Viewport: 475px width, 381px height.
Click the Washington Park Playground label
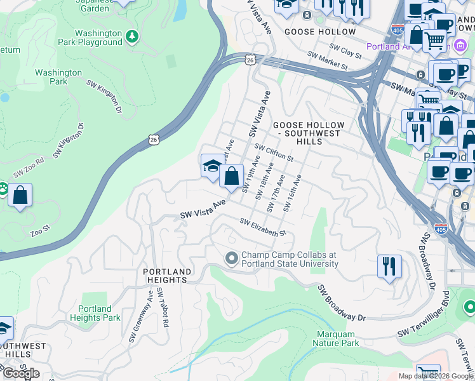[98, 37]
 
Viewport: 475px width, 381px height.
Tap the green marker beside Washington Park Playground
[132, 36]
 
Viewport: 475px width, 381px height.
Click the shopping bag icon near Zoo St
[20, 195]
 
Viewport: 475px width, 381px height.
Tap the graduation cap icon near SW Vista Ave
[211, 166]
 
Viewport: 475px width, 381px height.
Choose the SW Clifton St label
[274, 152]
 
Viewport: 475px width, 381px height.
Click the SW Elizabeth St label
[263, 227]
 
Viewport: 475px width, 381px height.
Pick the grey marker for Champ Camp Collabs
[231, 258]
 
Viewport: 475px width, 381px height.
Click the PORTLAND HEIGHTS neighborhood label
[166, 275]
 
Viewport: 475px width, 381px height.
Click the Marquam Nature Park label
[336, 338]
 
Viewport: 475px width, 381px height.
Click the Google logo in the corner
[21, 373]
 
